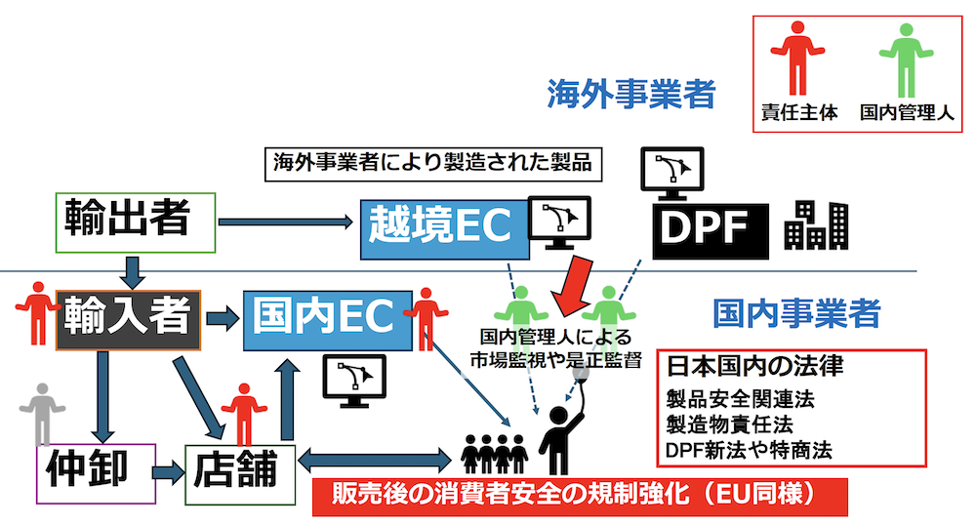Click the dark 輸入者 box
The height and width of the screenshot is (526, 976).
click(128, 319)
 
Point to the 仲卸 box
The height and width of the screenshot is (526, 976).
click(96, 472)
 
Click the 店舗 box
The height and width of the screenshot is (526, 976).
click(240, 472)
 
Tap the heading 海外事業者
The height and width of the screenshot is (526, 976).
click(630, 95)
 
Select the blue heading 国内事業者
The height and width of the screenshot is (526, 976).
click(796, 314)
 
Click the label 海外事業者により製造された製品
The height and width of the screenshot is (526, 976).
click(432, 162)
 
